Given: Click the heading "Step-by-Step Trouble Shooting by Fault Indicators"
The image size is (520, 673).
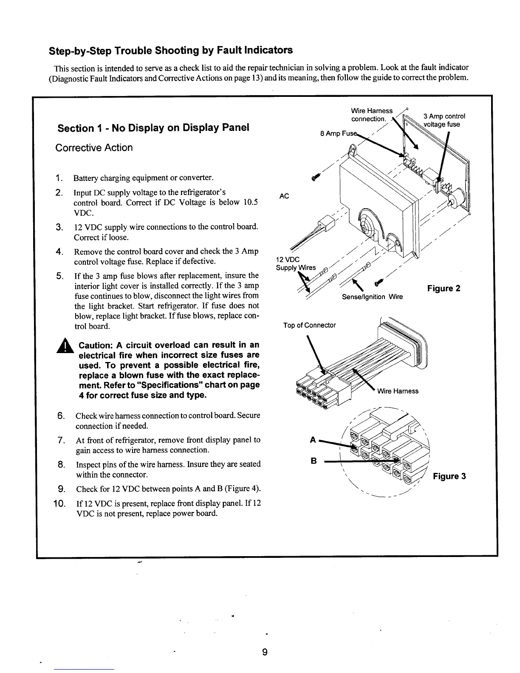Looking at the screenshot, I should tap(171, 51).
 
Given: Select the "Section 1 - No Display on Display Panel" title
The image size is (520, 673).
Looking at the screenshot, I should tap(153, 128).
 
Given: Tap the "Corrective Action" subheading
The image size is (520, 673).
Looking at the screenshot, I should tap(94, 148).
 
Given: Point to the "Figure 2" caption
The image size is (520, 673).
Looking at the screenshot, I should tap(444, 289).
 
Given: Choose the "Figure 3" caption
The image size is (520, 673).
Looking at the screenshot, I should tap(449, 476).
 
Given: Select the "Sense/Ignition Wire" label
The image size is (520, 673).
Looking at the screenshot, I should tap(372, 297).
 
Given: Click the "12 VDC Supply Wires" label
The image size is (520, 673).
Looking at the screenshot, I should tap(296, 264).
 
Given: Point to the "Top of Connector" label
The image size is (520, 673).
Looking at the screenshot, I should tap(309, 325).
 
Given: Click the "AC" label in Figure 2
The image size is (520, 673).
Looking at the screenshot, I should tap(285, 196).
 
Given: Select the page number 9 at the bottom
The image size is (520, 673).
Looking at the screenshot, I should tap(264, 653).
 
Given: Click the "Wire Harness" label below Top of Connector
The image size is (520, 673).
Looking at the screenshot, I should tap(397, 391).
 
